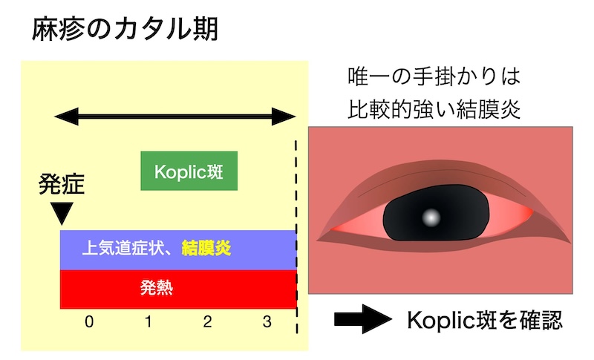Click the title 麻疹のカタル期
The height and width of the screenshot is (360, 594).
point(125,29)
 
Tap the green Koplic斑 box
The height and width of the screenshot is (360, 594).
point(189,171)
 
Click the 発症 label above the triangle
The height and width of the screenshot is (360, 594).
point(62,184)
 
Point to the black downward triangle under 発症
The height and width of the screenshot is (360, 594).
point(62,213)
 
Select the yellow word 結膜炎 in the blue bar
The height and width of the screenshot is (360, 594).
point(206,249)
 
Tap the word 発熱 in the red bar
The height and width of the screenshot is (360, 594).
point(157,288)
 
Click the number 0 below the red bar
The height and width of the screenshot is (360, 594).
point(89,321)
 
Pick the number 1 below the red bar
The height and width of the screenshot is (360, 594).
point(148,321)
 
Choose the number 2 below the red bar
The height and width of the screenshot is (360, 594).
point(207,321)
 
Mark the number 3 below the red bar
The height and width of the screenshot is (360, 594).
point(267,321)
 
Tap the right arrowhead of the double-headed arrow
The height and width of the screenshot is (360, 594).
point(284,117)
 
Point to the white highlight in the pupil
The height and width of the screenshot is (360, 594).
point(431,217)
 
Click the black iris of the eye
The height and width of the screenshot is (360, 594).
point(436,213)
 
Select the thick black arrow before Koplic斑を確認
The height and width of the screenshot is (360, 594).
point(363,318)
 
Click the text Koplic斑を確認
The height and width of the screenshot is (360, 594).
point(485,320)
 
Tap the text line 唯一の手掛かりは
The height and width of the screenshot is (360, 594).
point(434,76)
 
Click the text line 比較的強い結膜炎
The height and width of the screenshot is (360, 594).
point(434,109)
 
